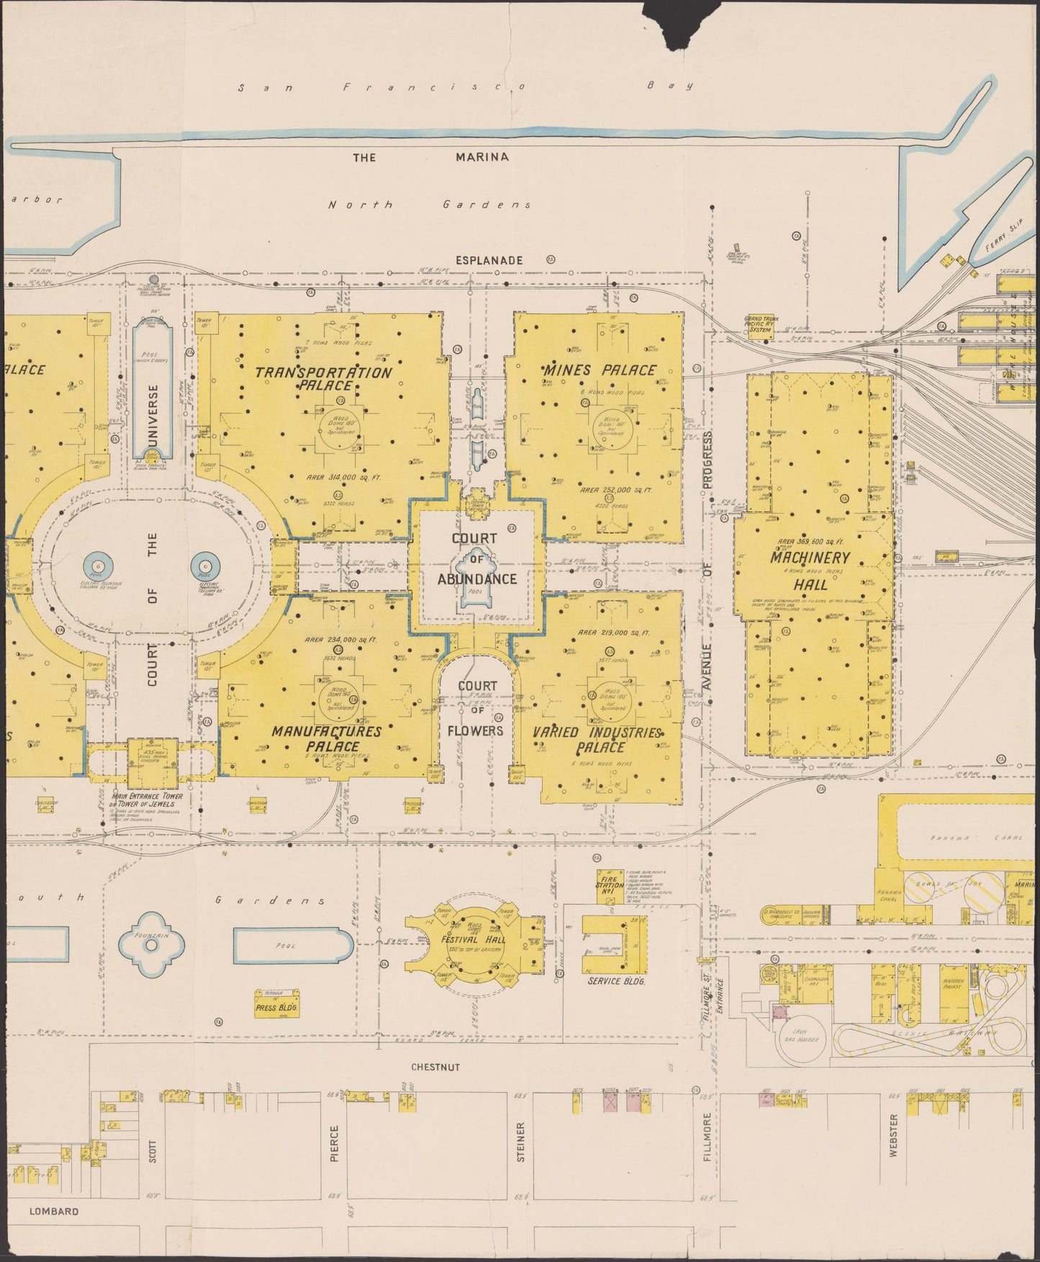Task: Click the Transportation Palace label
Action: pos(324,378)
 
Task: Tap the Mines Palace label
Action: pos(599,370)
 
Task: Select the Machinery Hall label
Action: pos(810,569)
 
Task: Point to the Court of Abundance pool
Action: pos(474,591)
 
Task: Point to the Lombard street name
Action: pos(54,1211)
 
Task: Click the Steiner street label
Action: pos(521,1142)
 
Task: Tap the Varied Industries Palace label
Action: pos(597,739)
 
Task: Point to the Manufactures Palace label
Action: pos(326,738)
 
